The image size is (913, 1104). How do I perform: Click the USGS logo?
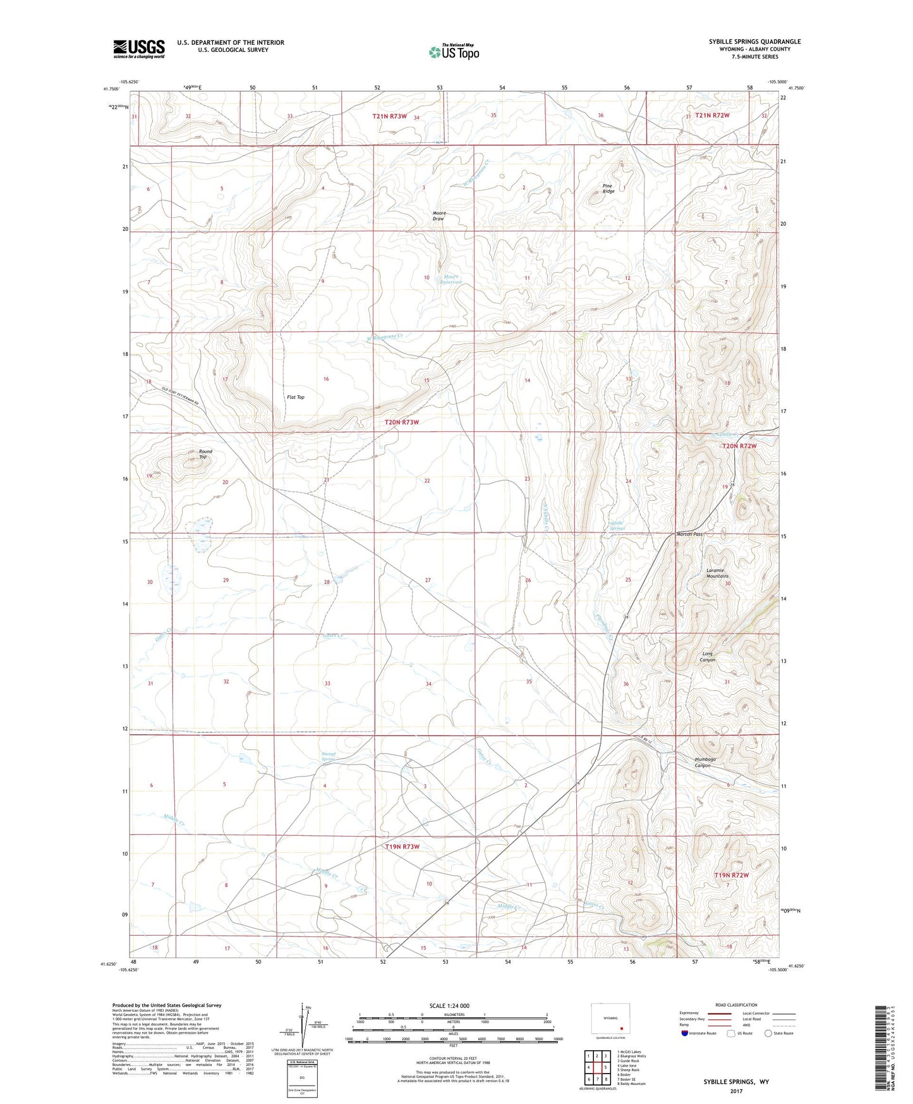pos(138,49)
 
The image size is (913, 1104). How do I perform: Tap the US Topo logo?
pos(453,52)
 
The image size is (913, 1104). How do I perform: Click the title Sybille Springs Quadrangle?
pos(746,42)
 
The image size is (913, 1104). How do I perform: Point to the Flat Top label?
pos(296,397)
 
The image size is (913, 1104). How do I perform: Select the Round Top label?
pos(205,454)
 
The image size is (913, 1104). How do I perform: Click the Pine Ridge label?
pos(608,188)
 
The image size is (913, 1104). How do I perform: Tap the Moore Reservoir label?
pos(452,279)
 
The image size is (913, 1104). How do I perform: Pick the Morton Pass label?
pos(689,534)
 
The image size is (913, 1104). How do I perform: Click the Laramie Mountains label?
pos(717,573)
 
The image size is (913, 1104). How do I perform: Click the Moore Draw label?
pos(440,216)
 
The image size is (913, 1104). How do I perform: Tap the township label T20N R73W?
pos(402,422)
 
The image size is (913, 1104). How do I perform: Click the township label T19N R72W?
pos(731,875)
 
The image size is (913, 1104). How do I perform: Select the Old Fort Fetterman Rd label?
pos(180,397)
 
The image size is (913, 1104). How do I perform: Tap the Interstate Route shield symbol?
pos(685,1033)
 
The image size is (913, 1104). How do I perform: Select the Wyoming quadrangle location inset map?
pos(610,1019)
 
